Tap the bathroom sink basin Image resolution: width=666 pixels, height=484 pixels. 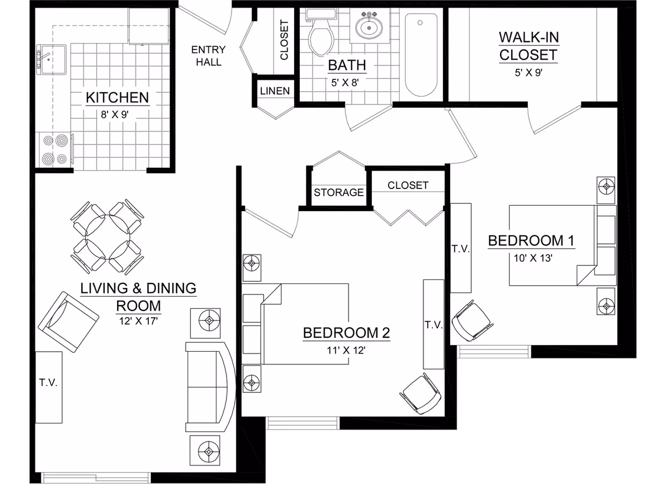click(369, 27)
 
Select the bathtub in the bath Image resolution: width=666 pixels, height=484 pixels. click(421, 55)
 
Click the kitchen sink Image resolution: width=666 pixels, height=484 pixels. click(51, 59)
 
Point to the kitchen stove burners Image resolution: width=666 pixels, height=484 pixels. click(56, 149)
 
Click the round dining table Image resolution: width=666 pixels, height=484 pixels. click(108, 237)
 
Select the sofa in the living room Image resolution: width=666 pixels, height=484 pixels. click(210, 387)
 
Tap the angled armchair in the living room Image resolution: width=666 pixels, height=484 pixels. click(69, 322)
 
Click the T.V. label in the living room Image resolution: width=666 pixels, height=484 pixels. click(48, 382)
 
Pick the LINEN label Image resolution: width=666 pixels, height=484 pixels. click(275, 91)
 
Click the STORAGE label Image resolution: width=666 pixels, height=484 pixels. click(339, 192)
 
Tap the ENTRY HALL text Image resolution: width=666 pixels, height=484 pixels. click(209, 56)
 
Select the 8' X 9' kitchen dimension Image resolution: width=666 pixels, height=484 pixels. click(114, 114)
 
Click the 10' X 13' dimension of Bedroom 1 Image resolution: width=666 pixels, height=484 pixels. click(533, 258)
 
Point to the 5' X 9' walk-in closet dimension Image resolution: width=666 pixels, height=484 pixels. click(528, 72)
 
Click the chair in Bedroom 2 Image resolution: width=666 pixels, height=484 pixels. click(420, 393)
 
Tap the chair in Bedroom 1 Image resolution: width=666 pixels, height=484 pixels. click(472, 321)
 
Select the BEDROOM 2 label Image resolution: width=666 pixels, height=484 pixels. click(346, 333)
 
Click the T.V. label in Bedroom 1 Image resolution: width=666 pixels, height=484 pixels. click(461, 249)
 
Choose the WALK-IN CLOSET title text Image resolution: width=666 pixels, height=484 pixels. click(528, 46)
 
